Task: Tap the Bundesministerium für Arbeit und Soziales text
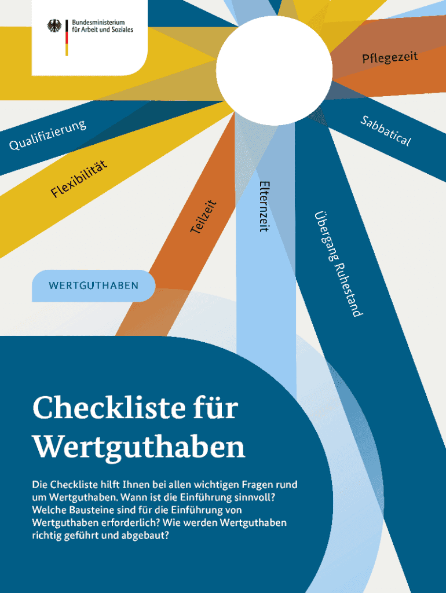[103, 25]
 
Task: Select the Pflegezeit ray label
[390, 57]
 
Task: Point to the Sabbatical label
[386, 131]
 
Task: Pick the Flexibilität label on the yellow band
[79, 178]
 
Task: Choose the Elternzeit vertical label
[264, 206]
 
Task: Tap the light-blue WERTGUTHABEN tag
[93, 285]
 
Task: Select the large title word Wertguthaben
[139, 448]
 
